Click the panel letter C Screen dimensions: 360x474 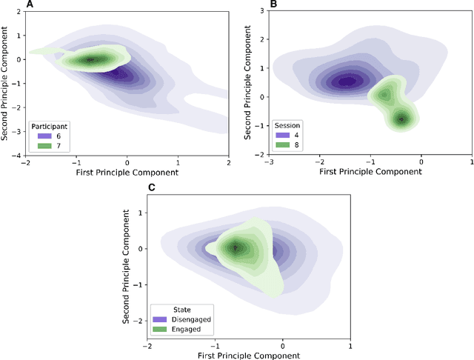[151, 187]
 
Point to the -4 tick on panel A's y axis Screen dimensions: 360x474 [18, 156]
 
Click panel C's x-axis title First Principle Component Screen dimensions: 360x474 [248, 355]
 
